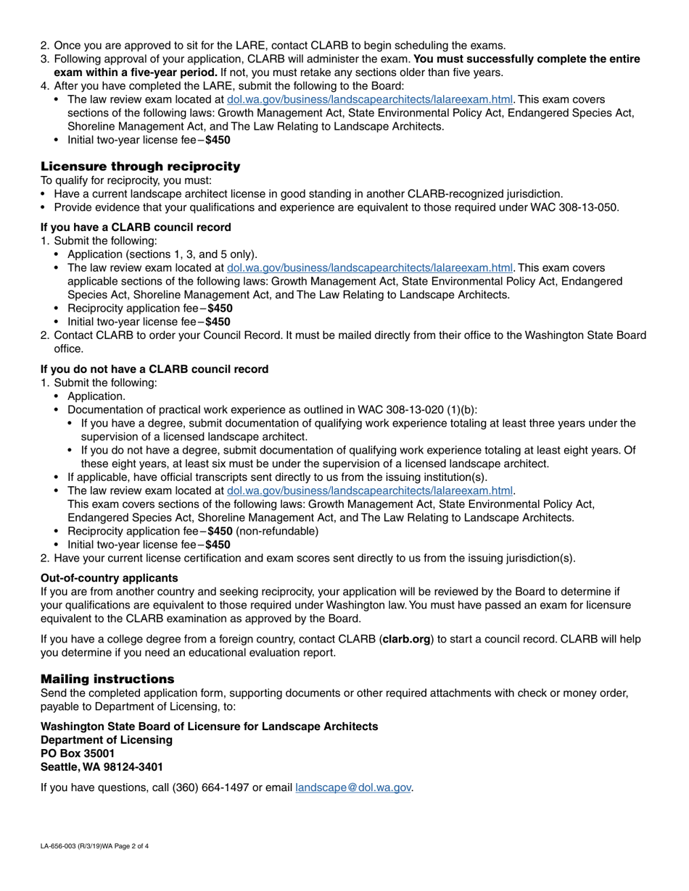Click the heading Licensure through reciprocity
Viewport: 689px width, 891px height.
[140, 167]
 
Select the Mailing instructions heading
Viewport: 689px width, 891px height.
[107, 679]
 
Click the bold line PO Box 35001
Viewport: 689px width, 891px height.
[78, 753]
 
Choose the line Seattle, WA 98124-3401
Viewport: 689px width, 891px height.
[102, 767]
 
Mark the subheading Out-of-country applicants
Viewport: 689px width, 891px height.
[109, 577]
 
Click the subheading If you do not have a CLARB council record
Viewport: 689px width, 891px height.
[154, 369]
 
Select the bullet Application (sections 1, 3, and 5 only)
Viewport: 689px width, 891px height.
[162, 254]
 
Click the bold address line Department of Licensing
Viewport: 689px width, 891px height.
[107, 740]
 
